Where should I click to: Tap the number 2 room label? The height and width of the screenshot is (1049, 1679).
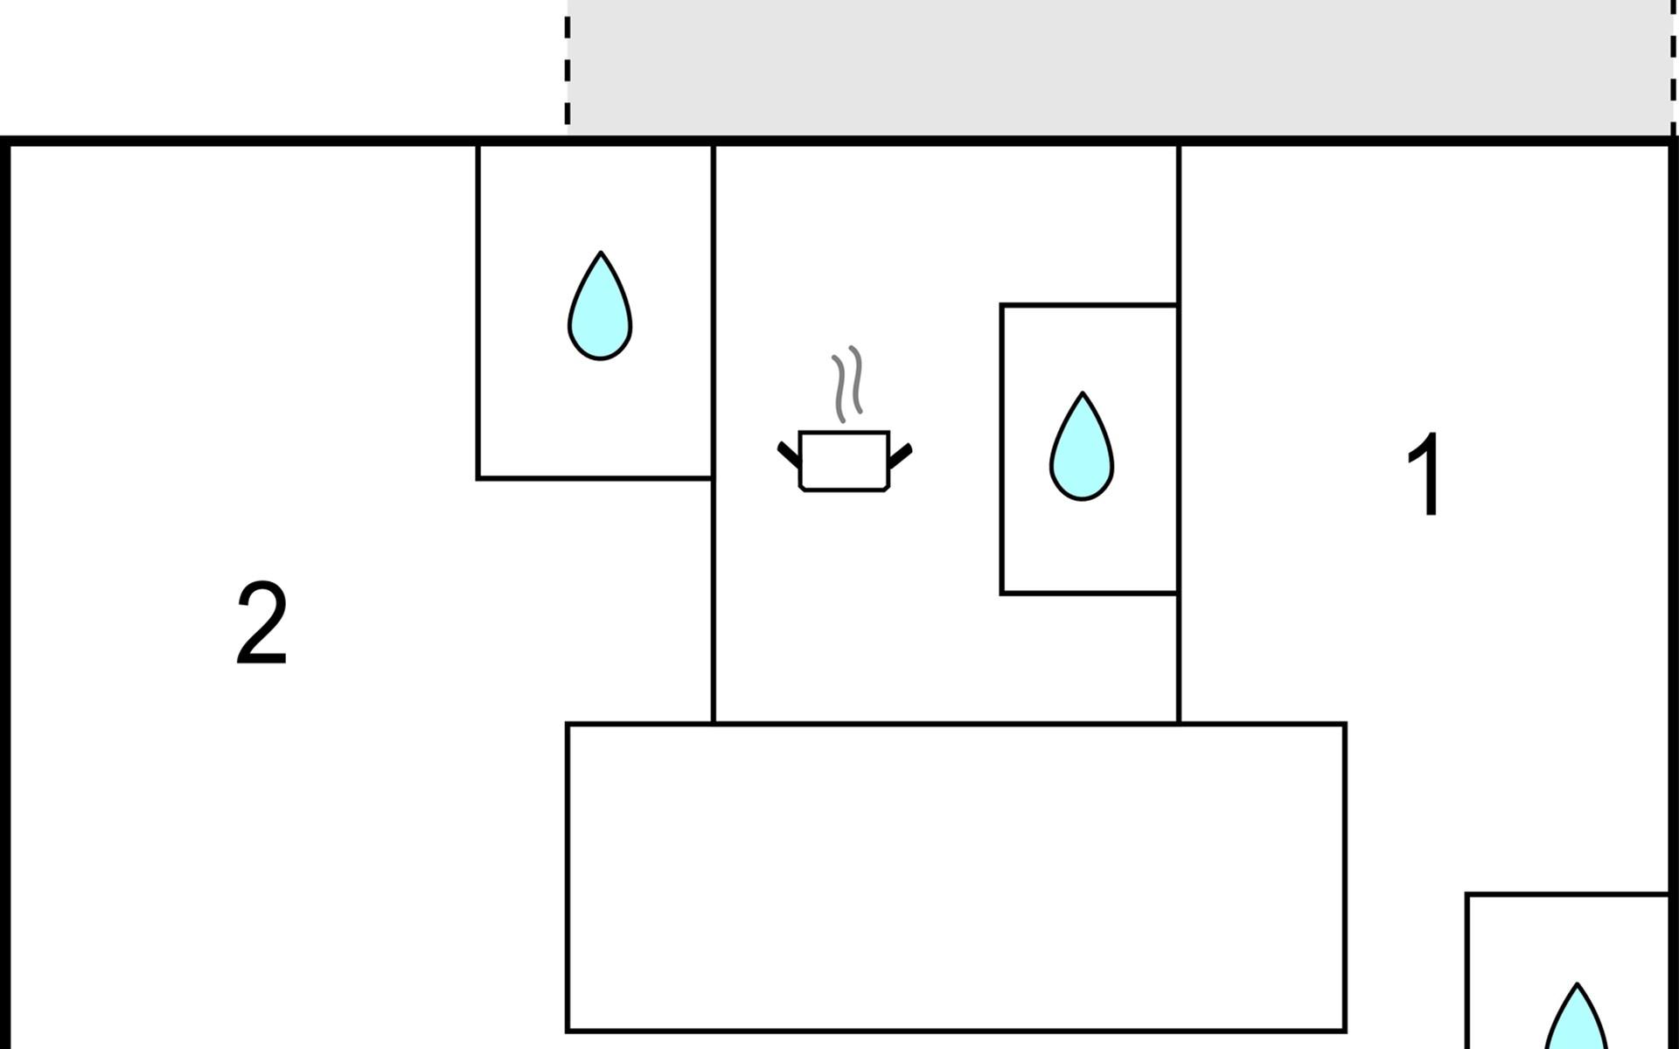click(261, 623)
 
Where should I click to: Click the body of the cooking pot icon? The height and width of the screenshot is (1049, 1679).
click(844, 460)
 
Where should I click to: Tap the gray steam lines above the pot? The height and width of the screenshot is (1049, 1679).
click(846, 383)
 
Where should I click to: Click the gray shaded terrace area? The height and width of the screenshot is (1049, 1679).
click(1119, 66)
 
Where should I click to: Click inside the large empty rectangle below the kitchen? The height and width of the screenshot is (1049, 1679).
click(956, 877)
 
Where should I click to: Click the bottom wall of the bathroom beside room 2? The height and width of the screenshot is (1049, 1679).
click(595, 478)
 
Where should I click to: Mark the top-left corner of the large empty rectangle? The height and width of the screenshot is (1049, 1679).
click(568, 725)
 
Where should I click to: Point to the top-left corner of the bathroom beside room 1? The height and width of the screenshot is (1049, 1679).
click(1002, 306)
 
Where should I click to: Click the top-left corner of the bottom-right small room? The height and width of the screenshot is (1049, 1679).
click(1467, 895)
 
